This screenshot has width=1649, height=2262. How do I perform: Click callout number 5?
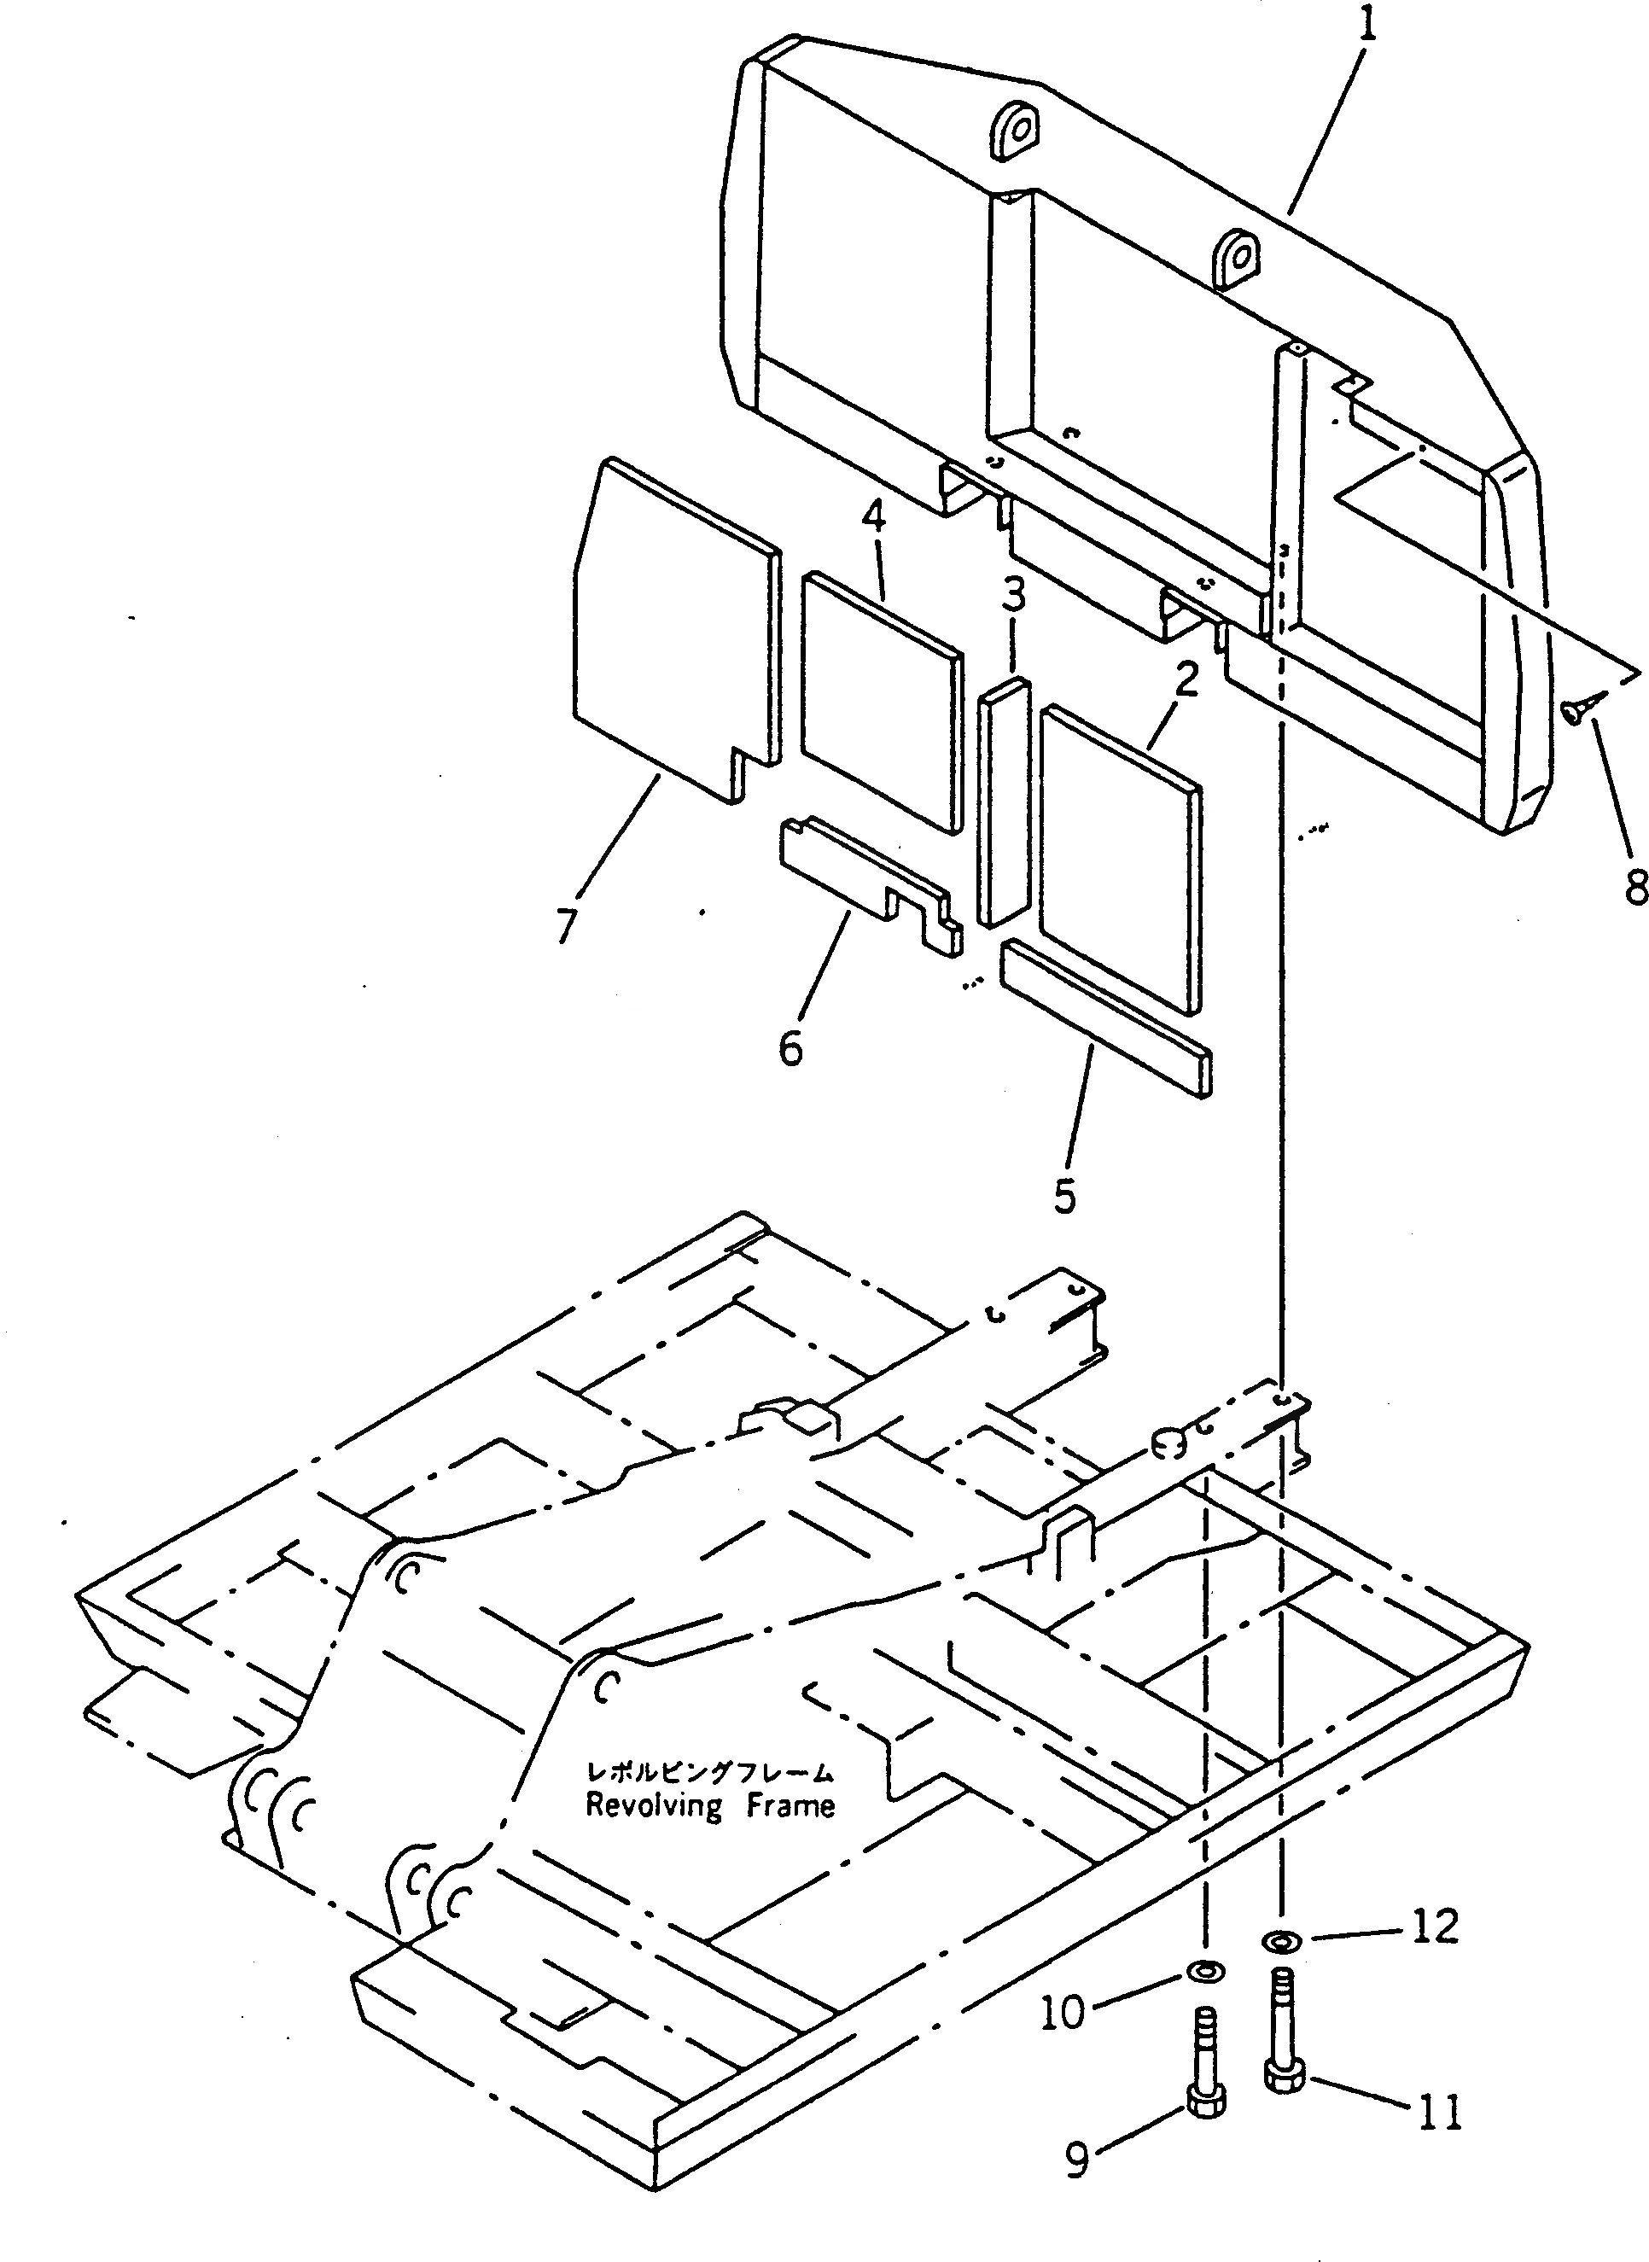(1065, 1195)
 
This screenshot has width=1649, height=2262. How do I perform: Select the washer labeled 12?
(1279, 1939)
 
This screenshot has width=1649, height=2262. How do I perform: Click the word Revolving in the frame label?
(654, 1806)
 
